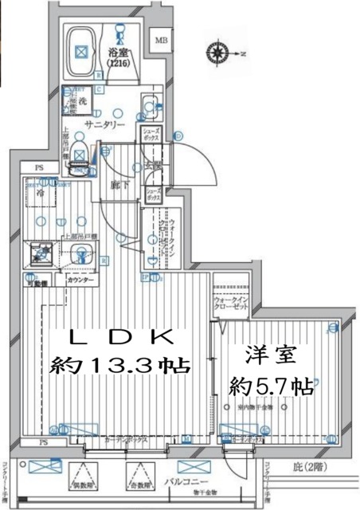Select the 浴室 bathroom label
point(119,54)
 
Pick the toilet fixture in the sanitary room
point(80,153)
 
